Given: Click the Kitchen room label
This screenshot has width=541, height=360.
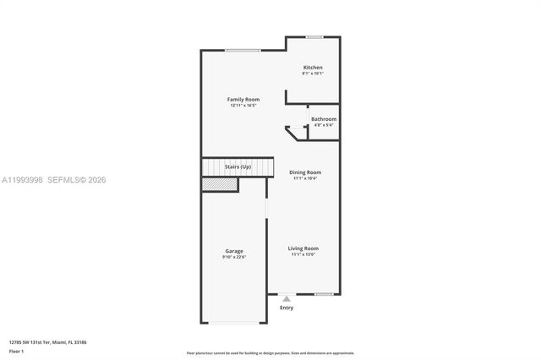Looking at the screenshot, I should coord(313,68).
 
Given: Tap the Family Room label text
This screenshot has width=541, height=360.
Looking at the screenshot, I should coord(243,100).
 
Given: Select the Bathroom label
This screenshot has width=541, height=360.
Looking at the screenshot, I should coord(324,119).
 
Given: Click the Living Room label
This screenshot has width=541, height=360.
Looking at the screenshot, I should coord(303,248).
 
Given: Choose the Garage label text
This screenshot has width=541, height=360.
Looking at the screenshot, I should coord(234,251).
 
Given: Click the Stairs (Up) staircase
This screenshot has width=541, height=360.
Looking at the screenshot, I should coord(238,167).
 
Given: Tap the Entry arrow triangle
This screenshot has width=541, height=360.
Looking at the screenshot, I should coord(287,299).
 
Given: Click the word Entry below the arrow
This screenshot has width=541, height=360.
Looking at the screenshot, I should coord(287,308).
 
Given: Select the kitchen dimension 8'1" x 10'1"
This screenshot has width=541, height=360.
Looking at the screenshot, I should coord(313,74).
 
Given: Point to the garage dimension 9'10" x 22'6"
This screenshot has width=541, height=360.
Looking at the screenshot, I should coord(234,257).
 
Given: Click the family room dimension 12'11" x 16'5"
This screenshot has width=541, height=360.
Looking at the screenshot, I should coord(243,106).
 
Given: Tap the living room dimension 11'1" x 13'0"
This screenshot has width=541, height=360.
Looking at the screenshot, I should coord(303,254).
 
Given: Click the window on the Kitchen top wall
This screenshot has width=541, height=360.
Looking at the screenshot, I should coord(314,36).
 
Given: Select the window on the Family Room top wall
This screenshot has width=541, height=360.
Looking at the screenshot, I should coord(243,50).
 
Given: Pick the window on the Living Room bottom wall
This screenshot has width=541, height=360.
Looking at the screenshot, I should coord(323,294).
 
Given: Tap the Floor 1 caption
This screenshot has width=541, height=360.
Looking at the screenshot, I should coord(17,350).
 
